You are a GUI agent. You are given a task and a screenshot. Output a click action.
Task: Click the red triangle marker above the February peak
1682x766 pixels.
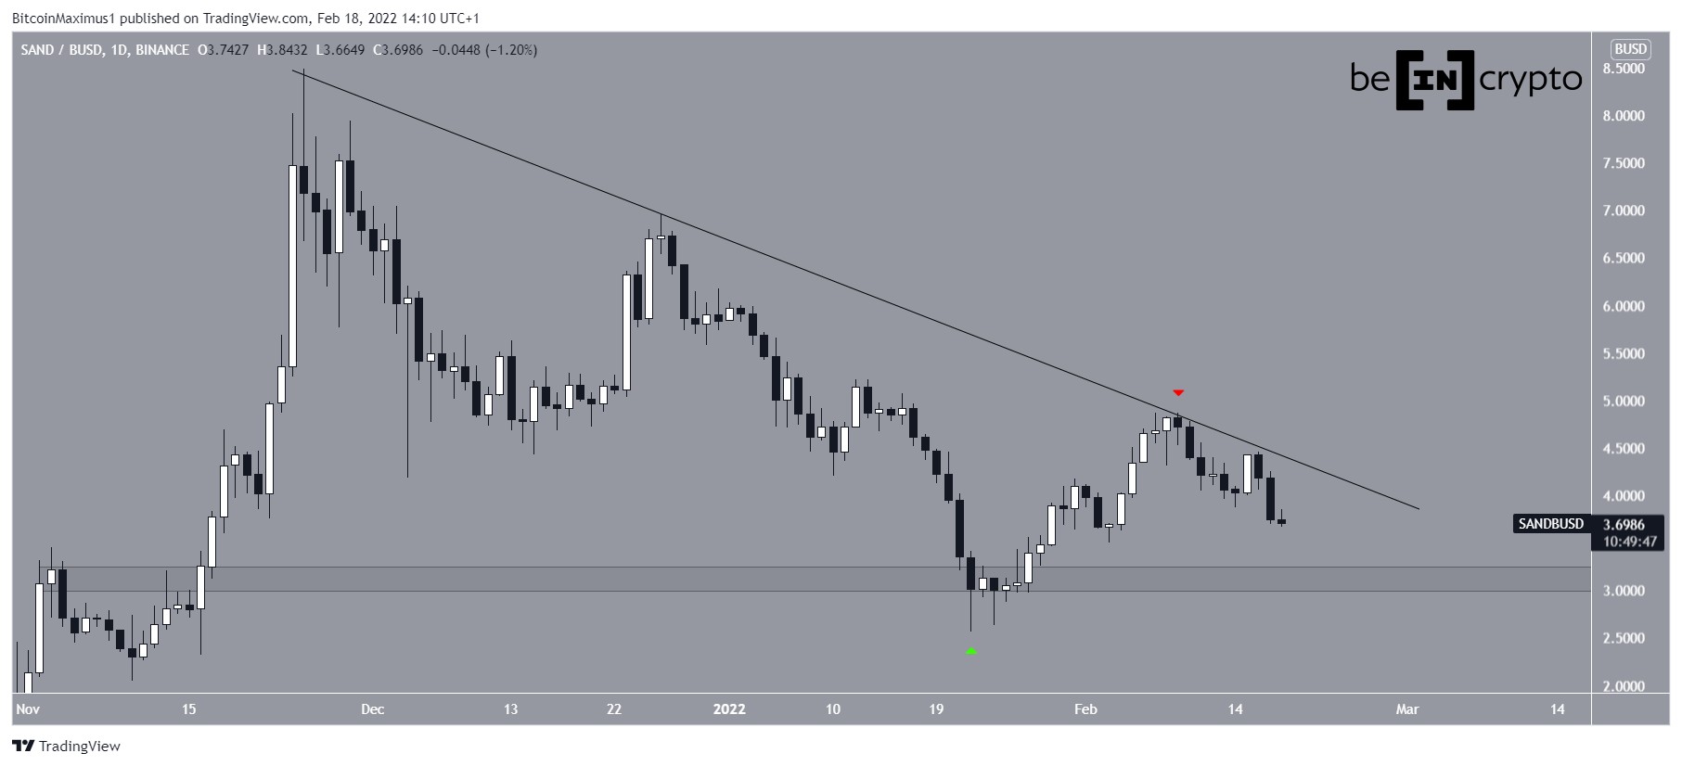pos(1178,393)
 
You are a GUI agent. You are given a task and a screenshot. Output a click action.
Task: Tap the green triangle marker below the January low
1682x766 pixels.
pos(971,652)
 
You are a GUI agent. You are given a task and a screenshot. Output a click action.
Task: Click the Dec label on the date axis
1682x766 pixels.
pos(372,709)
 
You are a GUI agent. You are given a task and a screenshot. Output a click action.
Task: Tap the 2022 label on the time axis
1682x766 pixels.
pos(729,709)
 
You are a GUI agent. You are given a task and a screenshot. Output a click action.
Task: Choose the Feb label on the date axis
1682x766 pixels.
pos(1085,709)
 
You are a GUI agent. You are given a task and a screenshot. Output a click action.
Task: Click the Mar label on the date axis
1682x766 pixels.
pos(1407,709)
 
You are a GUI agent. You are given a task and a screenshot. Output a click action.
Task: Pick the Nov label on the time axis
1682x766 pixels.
pos(28,709)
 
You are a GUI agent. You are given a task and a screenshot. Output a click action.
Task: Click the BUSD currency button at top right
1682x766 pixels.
pos(1630,49)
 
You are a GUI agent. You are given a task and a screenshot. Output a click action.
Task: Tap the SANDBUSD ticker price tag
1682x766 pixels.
pos(1550,524)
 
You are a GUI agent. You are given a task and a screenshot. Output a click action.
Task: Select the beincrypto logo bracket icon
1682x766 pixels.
pos(1435,80)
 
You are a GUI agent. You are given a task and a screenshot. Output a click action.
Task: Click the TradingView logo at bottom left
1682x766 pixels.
pos(67,746)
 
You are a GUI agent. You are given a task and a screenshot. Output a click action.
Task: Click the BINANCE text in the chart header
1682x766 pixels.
pos(162,50)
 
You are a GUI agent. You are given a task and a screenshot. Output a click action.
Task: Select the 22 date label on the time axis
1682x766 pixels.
pos(614,709)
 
